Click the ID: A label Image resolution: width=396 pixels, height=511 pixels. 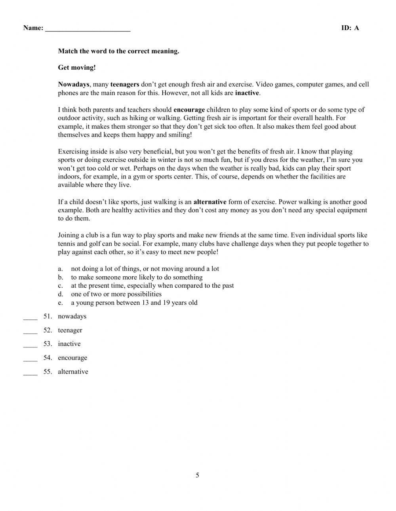click(x=350, y=28)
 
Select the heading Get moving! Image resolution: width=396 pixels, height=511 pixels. click(x=77, y=68)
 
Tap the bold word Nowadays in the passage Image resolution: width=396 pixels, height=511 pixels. click(x=74, y=84)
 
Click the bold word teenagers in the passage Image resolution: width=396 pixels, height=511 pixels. click(x=125, y=84)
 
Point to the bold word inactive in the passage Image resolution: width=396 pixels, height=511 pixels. click(x=247, y=93)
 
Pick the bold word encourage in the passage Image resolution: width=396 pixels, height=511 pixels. click(x=189, y=110)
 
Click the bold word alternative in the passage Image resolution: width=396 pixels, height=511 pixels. click(x=210, y=202)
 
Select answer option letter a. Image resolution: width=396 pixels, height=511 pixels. click(x=60, y=269)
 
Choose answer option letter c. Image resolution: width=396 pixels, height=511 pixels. click(x=60, y=286)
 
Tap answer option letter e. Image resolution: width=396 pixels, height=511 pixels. click(x=60, y=303)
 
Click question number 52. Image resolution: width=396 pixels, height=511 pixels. click(x=48, y=330)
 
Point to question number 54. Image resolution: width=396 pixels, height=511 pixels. click(x=48, y=358)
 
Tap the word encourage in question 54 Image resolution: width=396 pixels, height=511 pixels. click(x=72, y=358)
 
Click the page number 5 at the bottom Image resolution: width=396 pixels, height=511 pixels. click(x=197, y=475)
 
